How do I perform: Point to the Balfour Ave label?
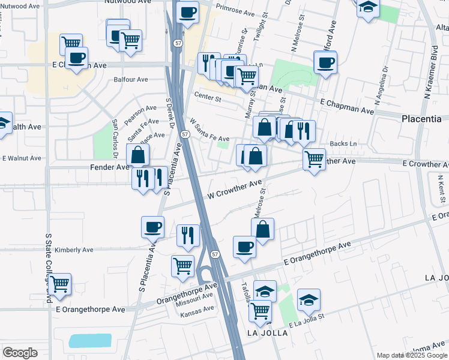pyautogui.click(x=131, y=79)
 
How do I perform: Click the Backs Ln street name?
pyautogui.click(x=343, y=144)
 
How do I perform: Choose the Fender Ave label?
pyautogui.click(x=110, y=167)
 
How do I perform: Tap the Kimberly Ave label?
pyautogui.click(x=74, y=250)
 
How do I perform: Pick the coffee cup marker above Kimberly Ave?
pyautogui.click(x=152, y=227)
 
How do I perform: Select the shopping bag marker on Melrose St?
pyautogui.click(x=262, y=229)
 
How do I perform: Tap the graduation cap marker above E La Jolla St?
pyautogui.click(x=309, y=299)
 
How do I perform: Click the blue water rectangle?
pyautogui.click(x=90, y=341)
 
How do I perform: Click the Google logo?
pyautogui.click(x=20, y=353)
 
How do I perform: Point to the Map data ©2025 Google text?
pyautogui.click(x=411, y=355)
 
